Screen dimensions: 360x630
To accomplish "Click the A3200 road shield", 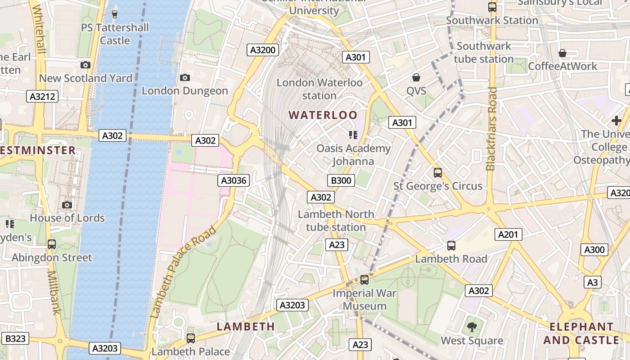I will pyautogui.click(x=263, y=50).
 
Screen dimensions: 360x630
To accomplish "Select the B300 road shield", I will pyautogui.click(x=341, y=180).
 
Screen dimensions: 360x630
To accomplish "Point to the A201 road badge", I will pyautogui.click(x=509, y=234).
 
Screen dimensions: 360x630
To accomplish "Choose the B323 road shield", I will pyautogui.click(x=15, y=339).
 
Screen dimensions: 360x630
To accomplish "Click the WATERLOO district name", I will pyautogui.click(x=323, y=115).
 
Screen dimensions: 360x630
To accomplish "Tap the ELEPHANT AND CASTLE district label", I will pyautogui.click(x=581, y=333).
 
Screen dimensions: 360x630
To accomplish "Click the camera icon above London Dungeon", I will pyautogui.click(x=184, y=78).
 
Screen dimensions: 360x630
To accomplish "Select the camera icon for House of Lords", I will pyautogui.click(x=67, y=205).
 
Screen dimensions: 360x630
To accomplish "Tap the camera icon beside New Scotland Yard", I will pyautogui.click(x=85, y=65).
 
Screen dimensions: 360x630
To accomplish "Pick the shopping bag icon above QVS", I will pyautogui.click(x=416, y=77).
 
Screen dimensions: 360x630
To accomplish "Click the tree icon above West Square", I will pyautogui.click(x=472, y=327).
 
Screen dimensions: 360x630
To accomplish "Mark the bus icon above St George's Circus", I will pyautogui.click(x=437, y=173).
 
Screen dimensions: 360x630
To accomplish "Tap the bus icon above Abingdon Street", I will pyautogui.click(x=52, y=244).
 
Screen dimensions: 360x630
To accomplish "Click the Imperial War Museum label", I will pyautogui.click(x=364, y=300).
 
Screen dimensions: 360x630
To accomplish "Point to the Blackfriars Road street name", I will pyautogui.click(x=491, y=129).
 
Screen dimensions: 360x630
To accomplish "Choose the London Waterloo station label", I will pyautogui.click(x=319, y=89).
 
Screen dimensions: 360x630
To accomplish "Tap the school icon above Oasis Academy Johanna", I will pyautogui.click(x=353, y=135).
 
